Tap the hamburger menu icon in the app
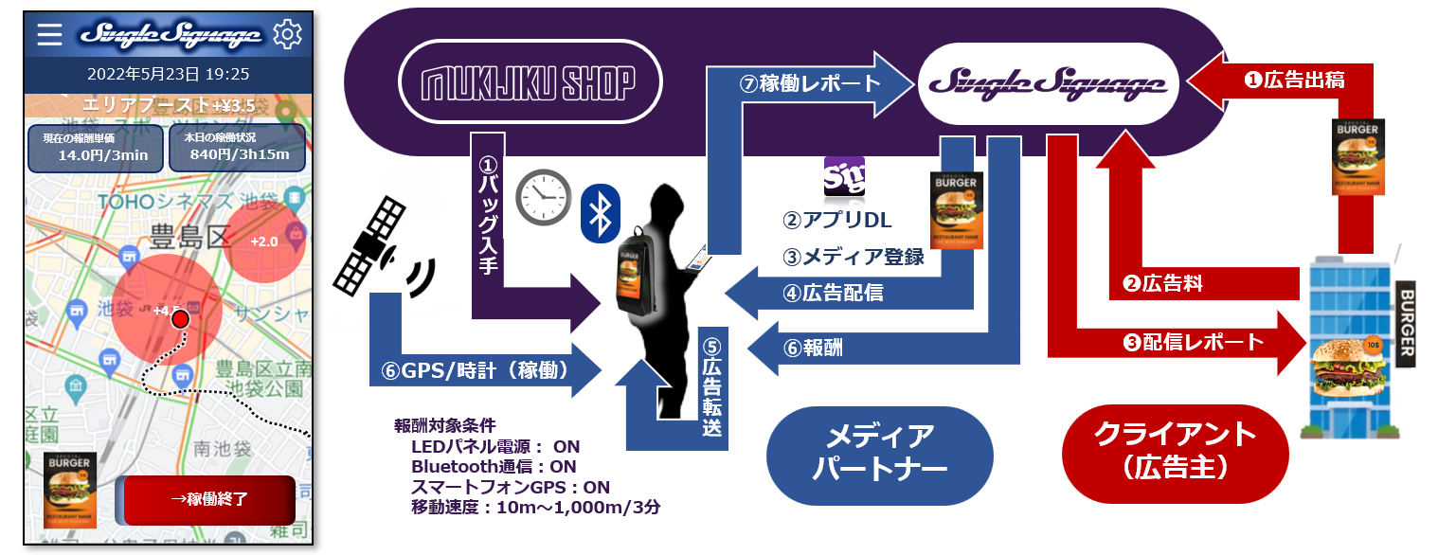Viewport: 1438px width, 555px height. click(49, 35)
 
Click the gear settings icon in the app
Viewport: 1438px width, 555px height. click(287, 35)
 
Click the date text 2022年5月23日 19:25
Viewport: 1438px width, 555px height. click(169, 74)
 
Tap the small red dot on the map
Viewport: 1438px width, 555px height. click(181, 320)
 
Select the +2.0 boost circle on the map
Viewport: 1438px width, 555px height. click(264, 242)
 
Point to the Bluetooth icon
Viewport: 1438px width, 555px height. click(599, 215)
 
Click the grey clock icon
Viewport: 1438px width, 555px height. click(542, 198)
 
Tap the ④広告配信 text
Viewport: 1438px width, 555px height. click(833, 293)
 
